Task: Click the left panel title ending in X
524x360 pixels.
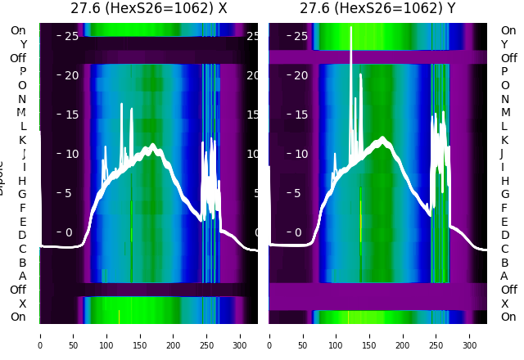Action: pos(148,9)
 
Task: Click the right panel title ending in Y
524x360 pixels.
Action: pos(377,9)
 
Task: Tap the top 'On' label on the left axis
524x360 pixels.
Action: pos(18,30)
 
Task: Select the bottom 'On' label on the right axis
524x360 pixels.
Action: pos(508,317)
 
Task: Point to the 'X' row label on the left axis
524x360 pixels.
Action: pos(22,304)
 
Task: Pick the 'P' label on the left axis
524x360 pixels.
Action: pos(22,72)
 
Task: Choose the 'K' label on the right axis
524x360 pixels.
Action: pos(504,140)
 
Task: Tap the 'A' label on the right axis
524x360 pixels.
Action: pos(504,276)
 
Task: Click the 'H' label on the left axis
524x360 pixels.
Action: pos(22,181)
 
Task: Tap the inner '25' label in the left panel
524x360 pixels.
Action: pos(70,36)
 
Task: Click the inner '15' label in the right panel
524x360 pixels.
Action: pos(300,115)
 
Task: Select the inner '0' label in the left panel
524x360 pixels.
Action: pos(69,232)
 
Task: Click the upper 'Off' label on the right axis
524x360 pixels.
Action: pos(508,58)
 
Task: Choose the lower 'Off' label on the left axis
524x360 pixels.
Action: pos(18,290)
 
